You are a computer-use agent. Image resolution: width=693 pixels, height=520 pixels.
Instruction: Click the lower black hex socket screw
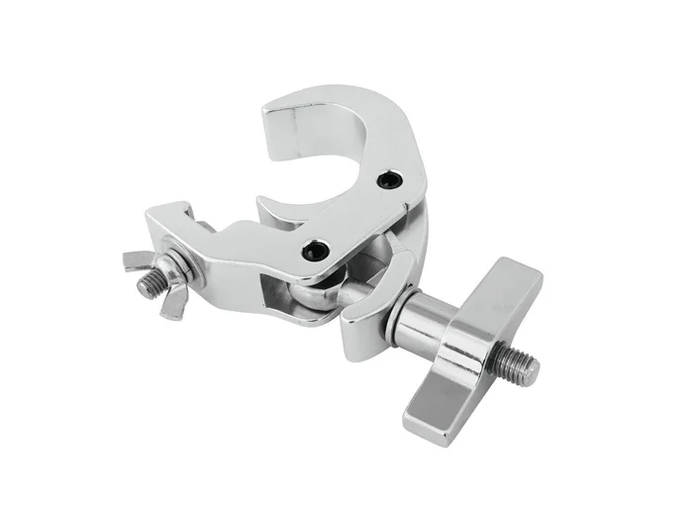click(x=316, y=250)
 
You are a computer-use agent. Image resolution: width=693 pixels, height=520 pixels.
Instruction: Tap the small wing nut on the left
click(x=158, y=281)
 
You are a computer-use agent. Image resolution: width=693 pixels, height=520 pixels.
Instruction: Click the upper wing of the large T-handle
click(x=502, y=292)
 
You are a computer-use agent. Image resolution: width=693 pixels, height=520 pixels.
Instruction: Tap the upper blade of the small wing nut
click(x=139, y=261)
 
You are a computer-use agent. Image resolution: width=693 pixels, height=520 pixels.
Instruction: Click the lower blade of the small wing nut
click(x=174, y=304)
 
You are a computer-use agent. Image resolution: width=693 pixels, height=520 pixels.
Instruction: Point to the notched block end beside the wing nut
click(x=173, y=223)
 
